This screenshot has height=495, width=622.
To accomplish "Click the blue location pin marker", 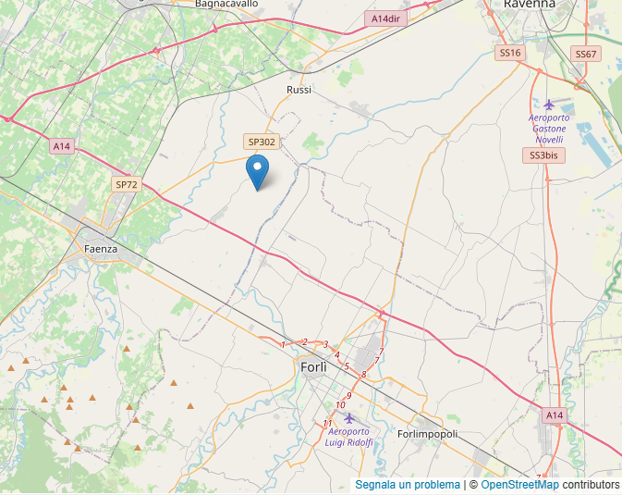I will [x=258, y=171].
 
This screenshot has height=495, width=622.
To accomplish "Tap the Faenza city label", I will [x=100, y=249].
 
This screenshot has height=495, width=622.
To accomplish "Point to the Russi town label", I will [x=299, y=90].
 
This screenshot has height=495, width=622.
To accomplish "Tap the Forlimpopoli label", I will [x=427, y=434].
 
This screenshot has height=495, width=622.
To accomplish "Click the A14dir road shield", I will [x=384, y=19].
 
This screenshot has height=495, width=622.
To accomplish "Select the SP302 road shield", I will [x=261, y=142].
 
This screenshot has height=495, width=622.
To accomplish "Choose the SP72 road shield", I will [x=126, y=185].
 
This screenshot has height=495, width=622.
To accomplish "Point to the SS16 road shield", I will [x=510, y=54].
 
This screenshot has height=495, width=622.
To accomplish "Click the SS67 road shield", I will [x=586, y=55].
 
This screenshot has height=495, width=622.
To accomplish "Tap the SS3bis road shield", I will [x=543, y=155].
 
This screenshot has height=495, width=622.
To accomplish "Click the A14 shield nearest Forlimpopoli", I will [x=554, y=415].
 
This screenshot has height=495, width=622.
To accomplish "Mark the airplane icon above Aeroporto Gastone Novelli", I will [x=550, y=104].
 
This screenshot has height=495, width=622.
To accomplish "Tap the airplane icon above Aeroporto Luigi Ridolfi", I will [x=348, y=418].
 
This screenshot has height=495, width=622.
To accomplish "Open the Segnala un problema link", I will [x=408, y=485].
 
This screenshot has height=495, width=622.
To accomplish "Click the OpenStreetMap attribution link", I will [x=519, y=485].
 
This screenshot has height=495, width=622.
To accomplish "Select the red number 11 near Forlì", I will [x=328, y=424].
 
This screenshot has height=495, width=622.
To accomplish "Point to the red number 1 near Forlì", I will [x=283, y=345].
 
